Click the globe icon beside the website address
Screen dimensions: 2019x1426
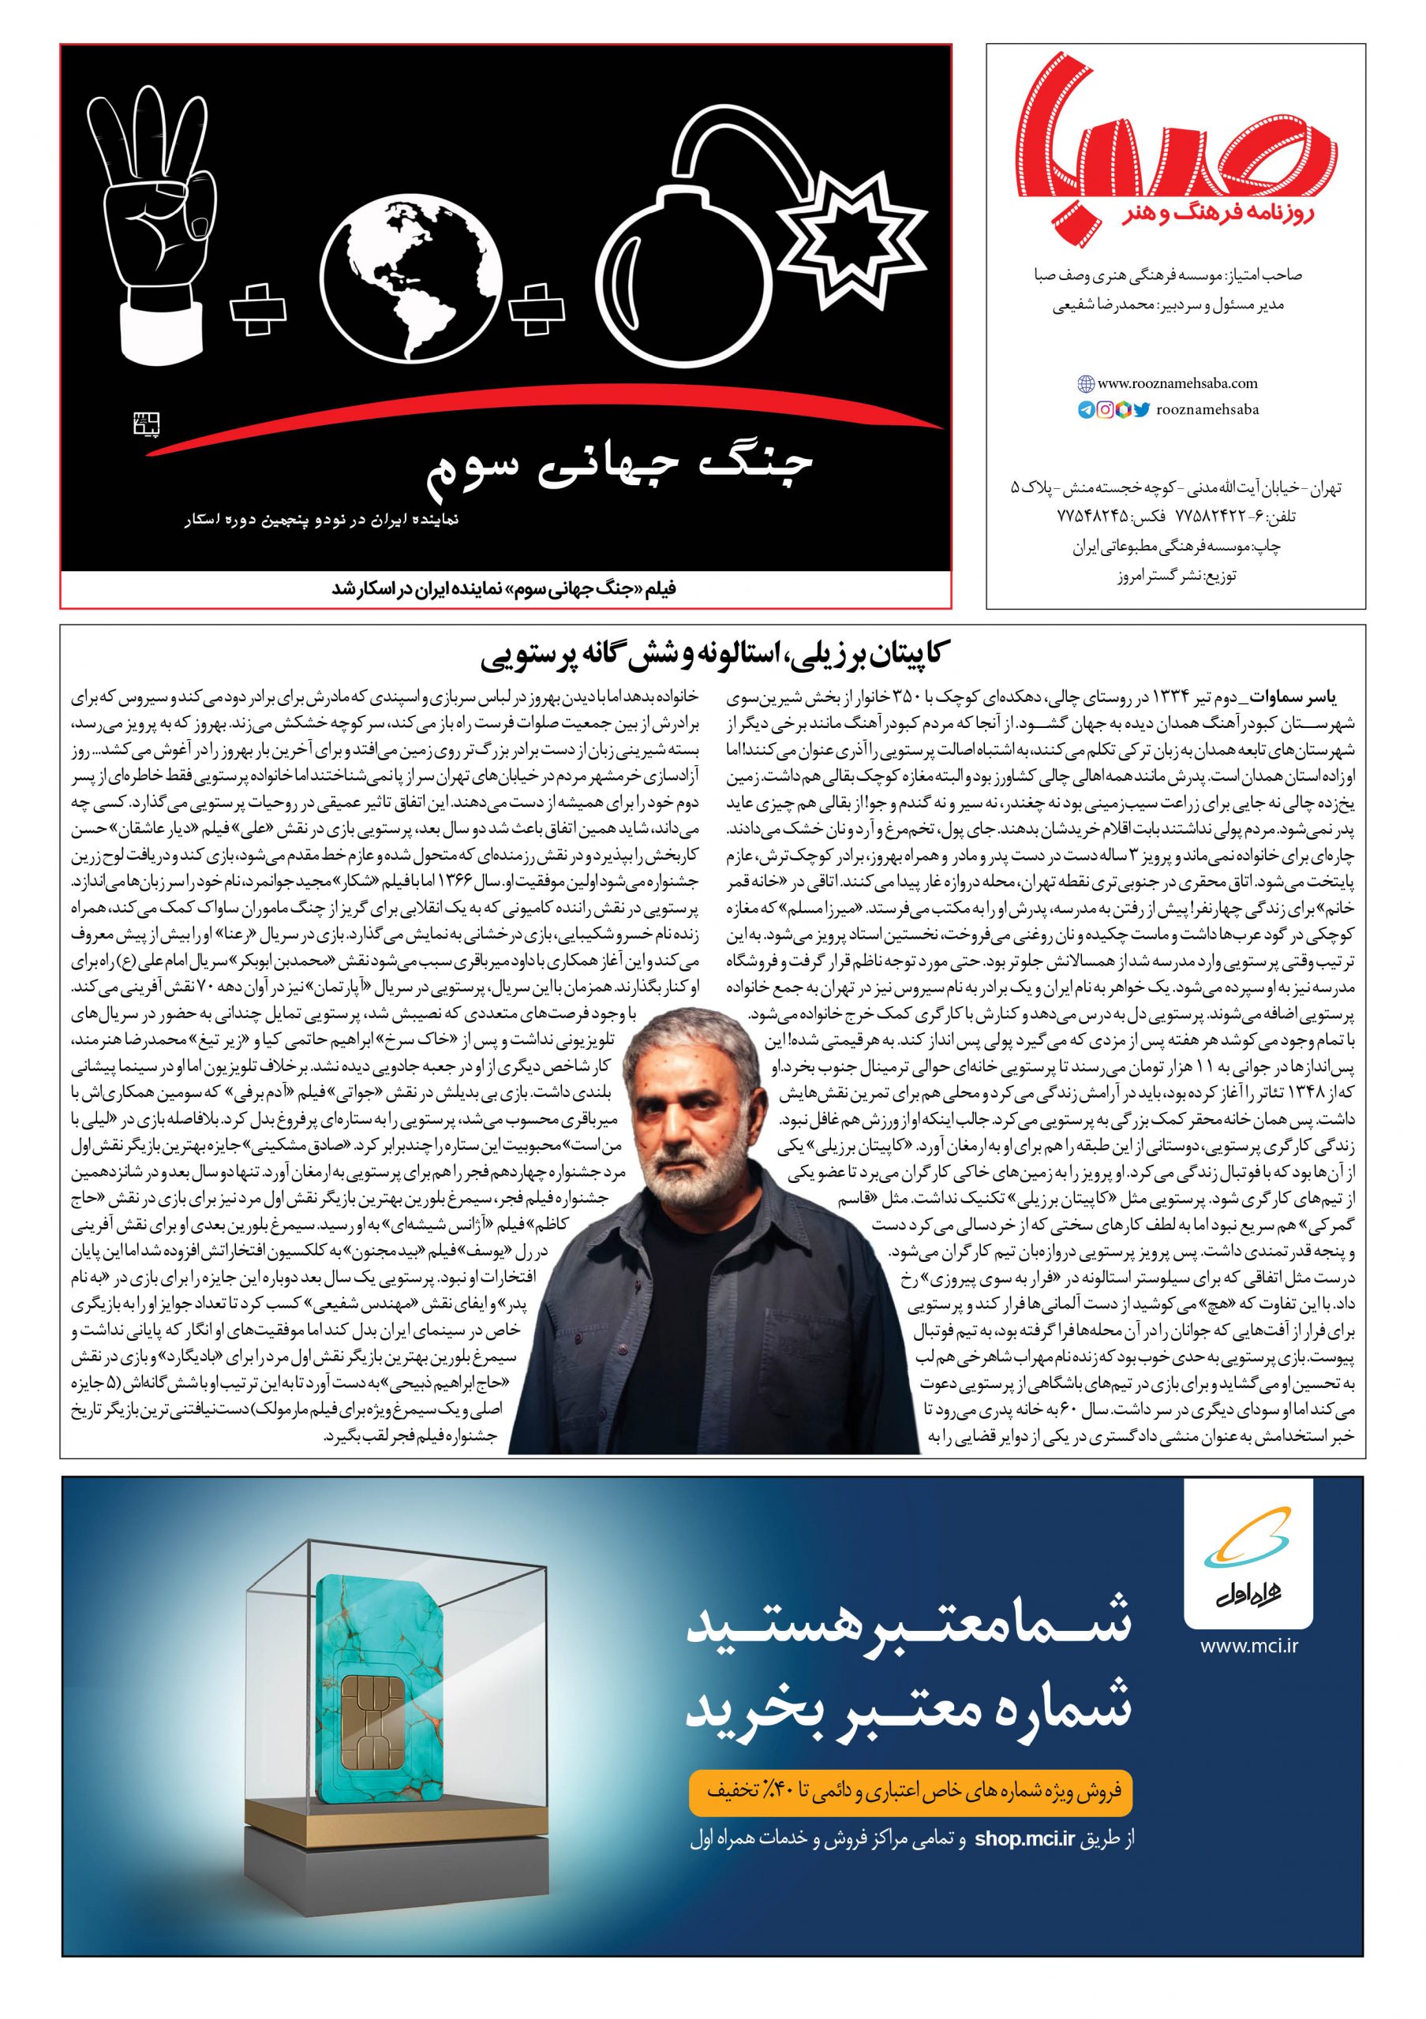coord(1086,383)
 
